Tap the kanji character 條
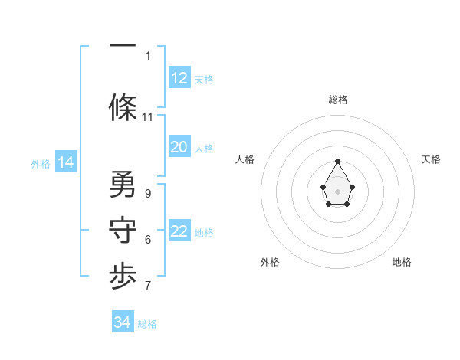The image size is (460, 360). [123, 106]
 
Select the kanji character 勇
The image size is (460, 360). [123, 185]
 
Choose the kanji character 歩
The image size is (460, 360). [123, 277]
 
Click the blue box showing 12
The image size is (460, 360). [179, 78]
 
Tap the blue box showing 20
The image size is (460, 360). [179, 147]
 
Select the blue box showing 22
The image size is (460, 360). [179, 231]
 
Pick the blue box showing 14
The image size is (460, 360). [66, 162]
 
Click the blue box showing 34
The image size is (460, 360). [123, 322]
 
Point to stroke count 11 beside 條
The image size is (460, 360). [148, 117]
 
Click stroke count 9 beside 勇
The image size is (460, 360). [147, 194]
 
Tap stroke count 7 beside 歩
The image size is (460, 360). [147, 286]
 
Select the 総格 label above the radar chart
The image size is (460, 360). [338, 100]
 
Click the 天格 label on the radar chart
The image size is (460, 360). [432, 159]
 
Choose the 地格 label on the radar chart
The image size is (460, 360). [402, 262]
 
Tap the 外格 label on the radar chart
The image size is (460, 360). [270, 262]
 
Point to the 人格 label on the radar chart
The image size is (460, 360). [245, 159]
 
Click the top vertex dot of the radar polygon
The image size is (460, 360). [338, 161]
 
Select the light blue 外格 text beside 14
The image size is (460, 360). [40, 163]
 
